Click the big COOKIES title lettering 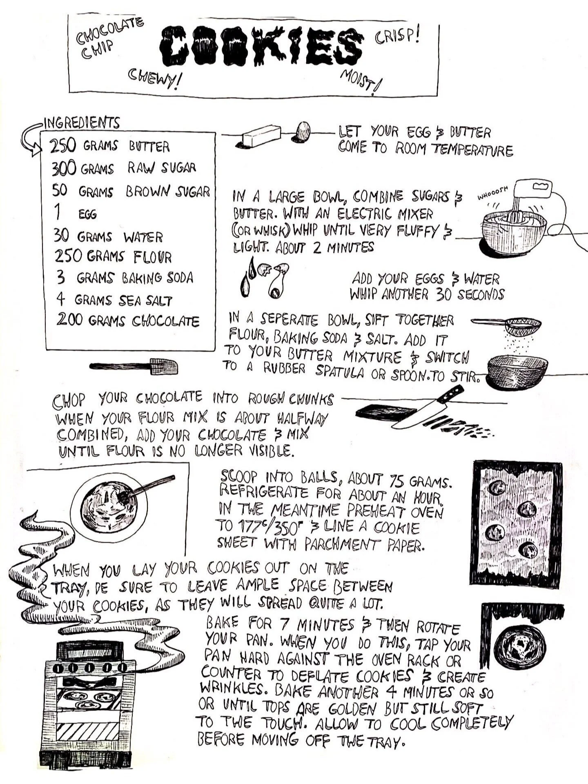coord(261,46)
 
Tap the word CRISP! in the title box coord(397,36)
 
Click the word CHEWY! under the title coord(155,78)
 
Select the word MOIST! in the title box coord(361,81)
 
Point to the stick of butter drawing coord(260,136)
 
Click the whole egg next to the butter coord(303,131)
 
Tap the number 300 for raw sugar coord(64,168)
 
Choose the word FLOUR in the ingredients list coord(152,257)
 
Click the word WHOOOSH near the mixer coord(493,193)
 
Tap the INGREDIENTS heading coord(82,123)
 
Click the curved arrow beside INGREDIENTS coord(30,139)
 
